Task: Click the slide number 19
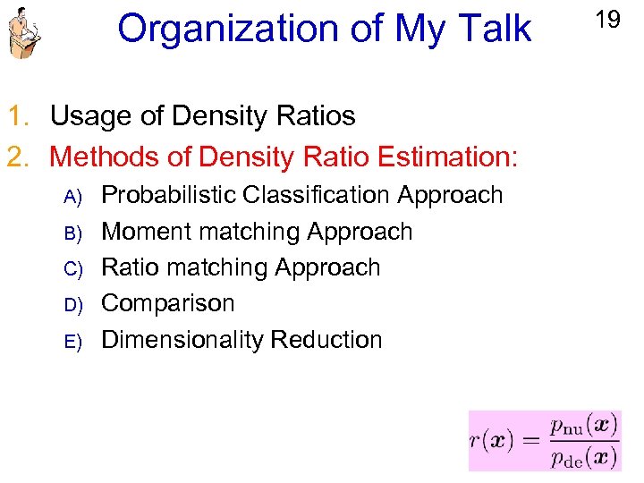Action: pos(607,20)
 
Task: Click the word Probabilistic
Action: pos(169,195)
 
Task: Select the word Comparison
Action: pos(168,304)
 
